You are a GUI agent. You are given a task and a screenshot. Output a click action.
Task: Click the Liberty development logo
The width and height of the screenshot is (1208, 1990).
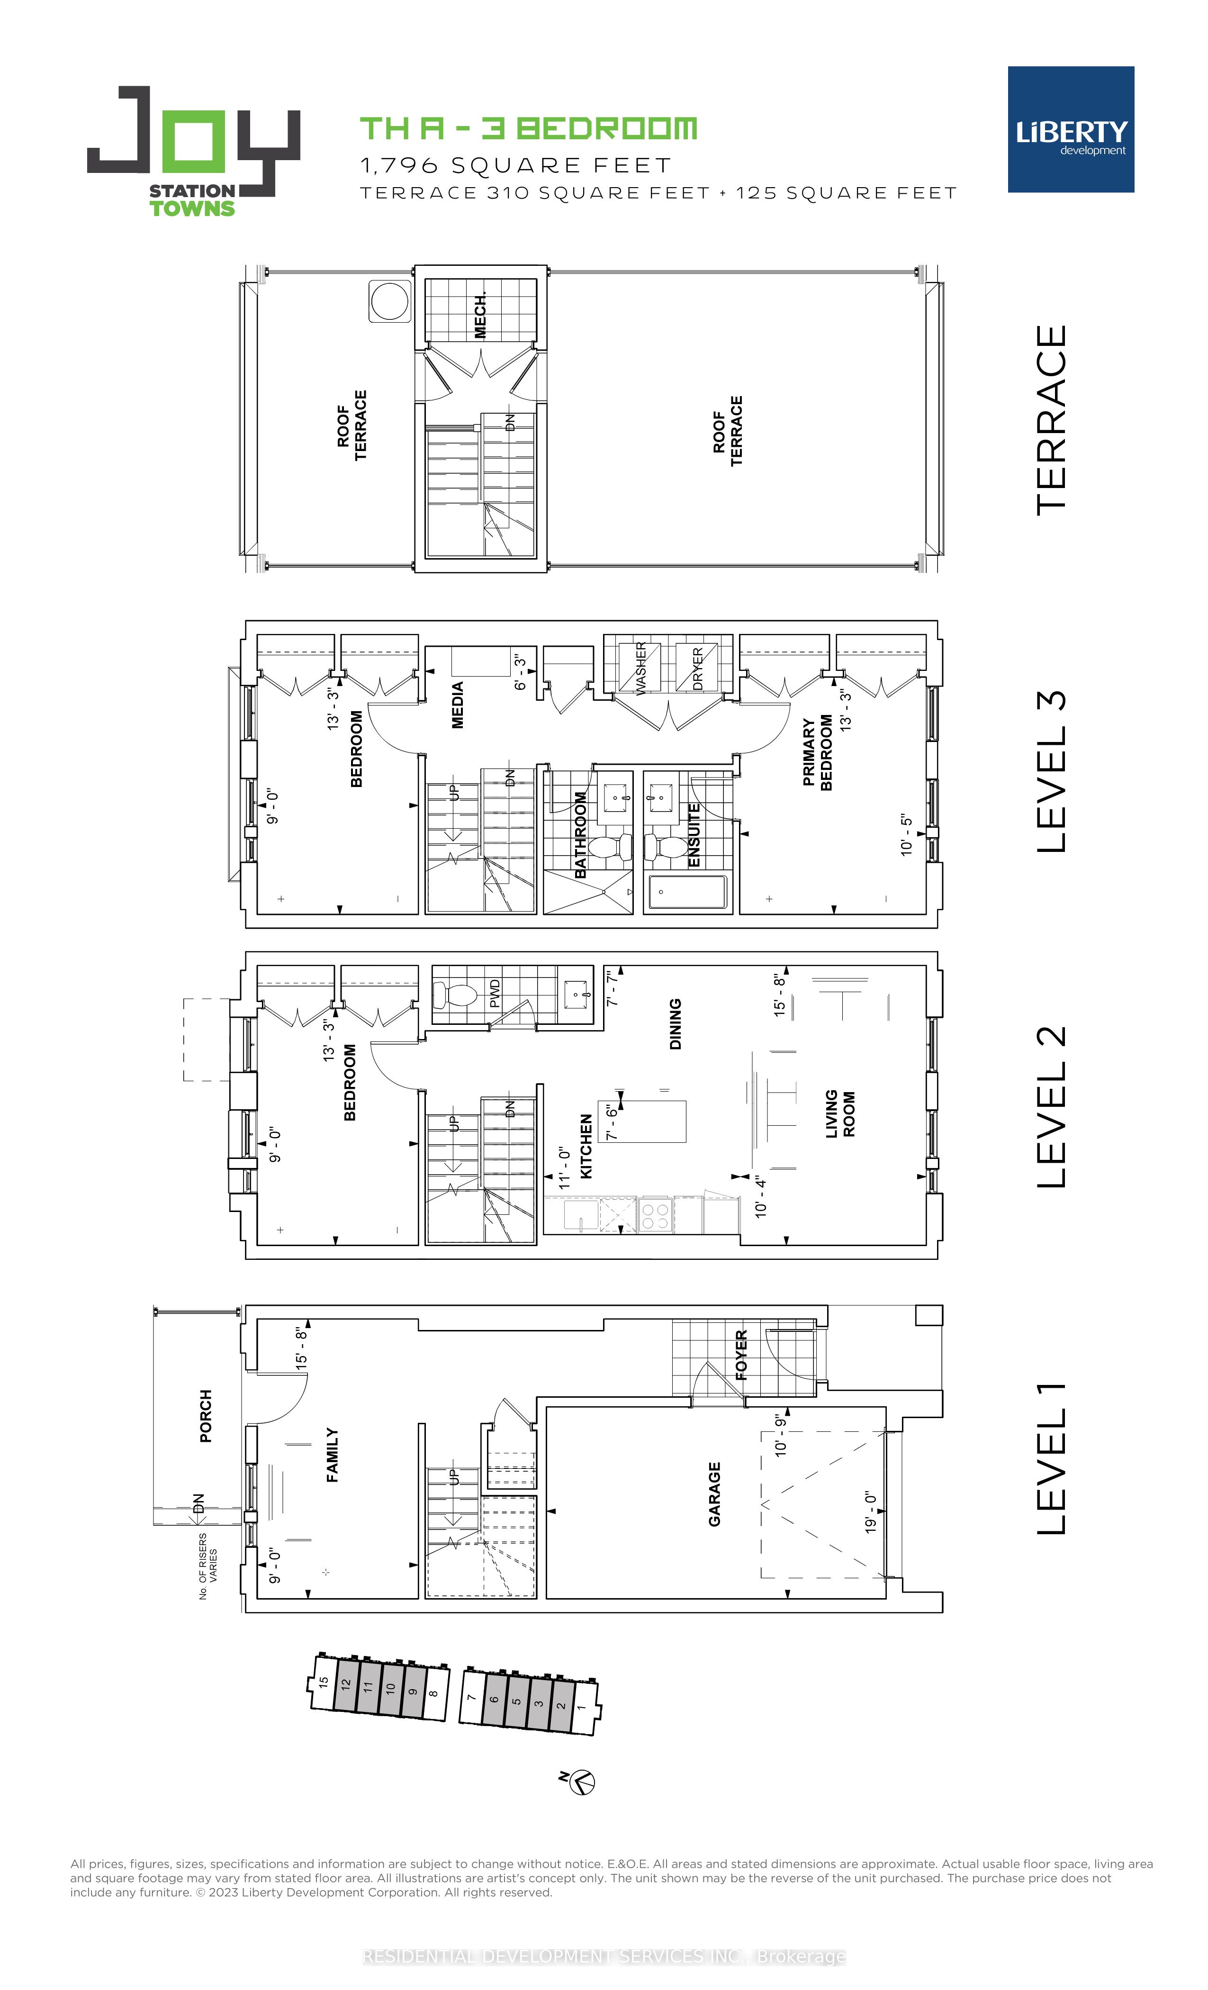click(x=1070, y=129)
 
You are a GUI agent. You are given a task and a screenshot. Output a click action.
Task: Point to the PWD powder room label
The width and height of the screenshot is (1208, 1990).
click(x=495, y=994)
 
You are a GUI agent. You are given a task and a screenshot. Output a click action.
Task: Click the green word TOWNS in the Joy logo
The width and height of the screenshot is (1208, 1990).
click(x=192, y=208)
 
